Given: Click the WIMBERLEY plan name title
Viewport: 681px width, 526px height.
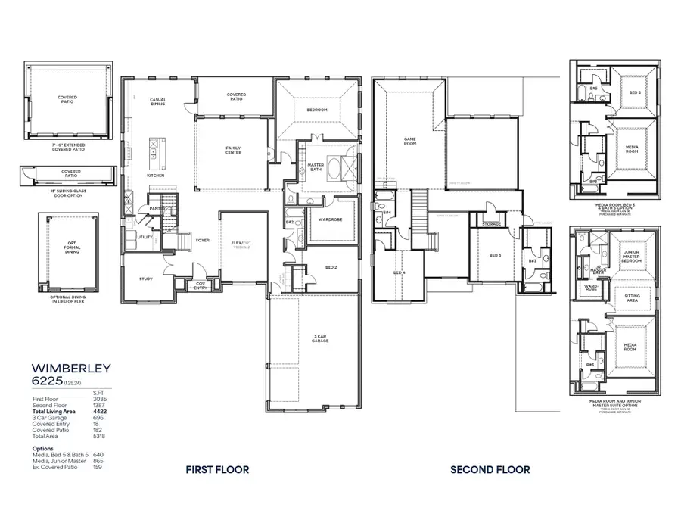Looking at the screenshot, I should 71,368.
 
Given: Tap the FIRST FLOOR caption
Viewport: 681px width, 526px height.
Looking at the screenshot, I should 217,469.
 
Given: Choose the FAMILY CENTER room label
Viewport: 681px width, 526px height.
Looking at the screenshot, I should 234,150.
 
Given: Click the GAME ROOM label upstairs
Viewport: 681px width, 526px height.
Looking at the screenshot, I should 410,140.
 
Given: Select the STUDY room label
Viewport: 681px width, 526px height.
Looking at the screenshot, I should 146,279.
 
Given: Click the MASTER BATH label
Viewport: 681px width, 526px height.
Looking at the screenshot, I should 316,167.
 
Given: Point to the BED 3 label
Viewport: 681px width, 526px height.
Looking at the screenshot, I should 495,256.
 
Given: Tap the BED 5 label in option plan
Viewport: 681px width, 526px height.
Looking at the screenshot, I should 634,92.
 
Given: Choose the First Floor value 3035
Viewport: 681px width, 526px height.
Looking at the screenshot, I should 98,398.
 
